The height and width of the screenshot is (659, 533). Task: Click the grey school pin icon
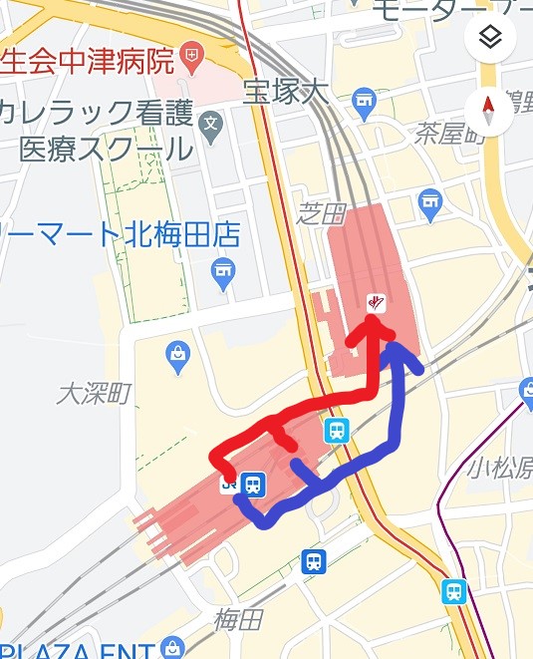pos(210,125)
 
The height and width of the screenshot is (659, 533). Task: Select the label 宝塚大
pos(286,93)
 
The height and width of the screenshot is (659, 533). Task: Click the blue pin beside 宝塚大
pos(364,100)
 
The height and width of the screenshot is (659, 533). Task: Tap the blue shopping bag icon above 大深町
pos(178,355)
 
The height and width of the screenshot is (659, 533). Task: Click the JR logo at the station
pos(229,486)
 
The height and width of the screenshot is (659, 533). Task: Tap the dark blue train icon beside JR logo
pos(253,486)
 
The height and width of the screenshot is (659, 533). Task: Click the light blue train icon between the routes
pos(337,432)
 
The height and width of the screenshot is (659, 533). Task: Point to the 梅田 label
pos(238,619)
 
